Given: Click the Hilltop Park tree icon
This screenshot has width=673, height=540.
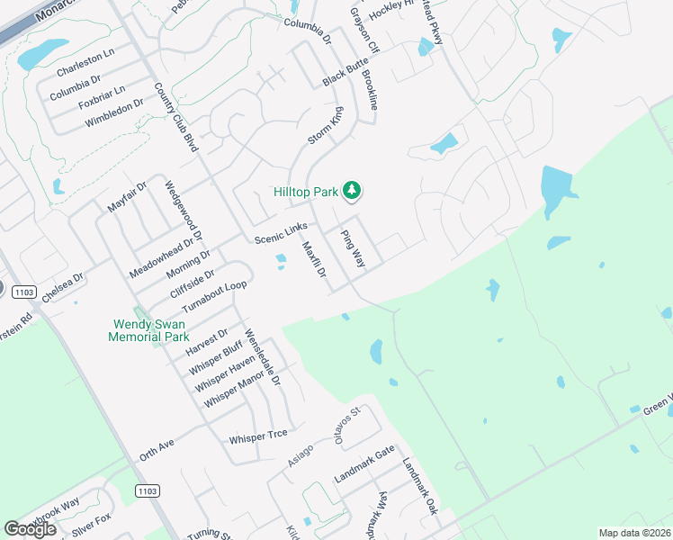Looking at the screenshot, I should [354, 190].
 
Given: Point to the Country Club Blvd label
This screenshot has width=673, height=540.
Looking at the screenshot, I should [175, 117].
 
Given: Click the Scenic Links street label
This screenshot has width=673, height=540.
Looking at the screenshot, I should [281, 232].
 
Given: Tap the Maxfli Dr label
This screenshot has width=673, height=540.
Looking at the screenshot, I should [312, 259].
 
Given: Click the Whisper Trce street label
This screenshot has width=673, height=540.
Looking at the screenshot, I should [258, 435].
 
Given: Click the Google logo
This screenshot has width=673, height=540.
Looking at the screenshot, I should [30, 529].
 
